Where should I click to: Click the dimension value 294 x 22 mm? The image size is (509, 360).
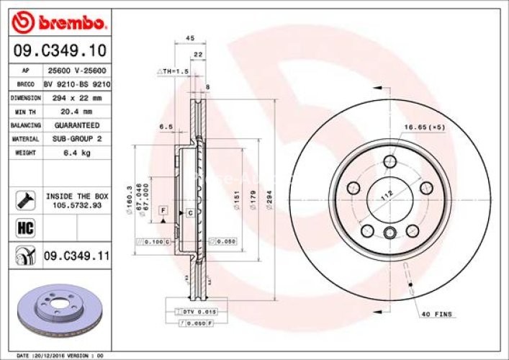[78, 98]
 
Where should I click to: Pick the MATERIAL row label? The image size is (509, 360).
[24, 139]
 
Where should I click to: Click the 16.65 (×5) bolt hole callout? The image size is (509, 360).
[425, 127]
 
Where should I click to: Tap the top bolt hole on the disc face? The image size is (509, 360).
[390, 161]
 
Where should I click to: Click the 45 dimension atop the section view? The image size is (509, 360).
[190, 38]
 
